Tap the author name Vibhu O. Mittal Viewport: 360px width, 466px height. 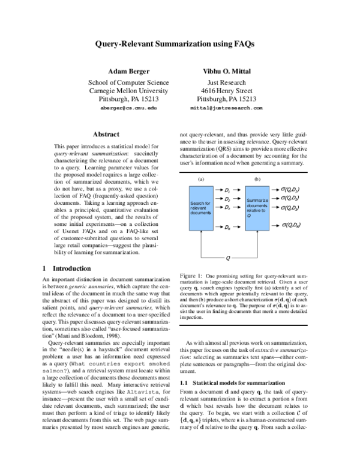pos(230,72)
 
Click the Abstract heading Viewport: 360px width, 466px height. pos(106,134)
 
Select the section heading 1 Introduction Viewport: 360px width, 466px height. pos(67,268)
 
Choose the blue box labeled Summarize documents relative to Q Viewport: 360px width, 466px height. pos(257,208)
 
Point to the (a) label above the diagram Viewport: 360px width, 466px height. pos(200,179)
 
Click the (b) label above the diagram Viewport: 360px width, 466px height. pos(257,179)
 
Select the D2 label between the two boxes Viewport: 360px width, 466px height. pos(227,198)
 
